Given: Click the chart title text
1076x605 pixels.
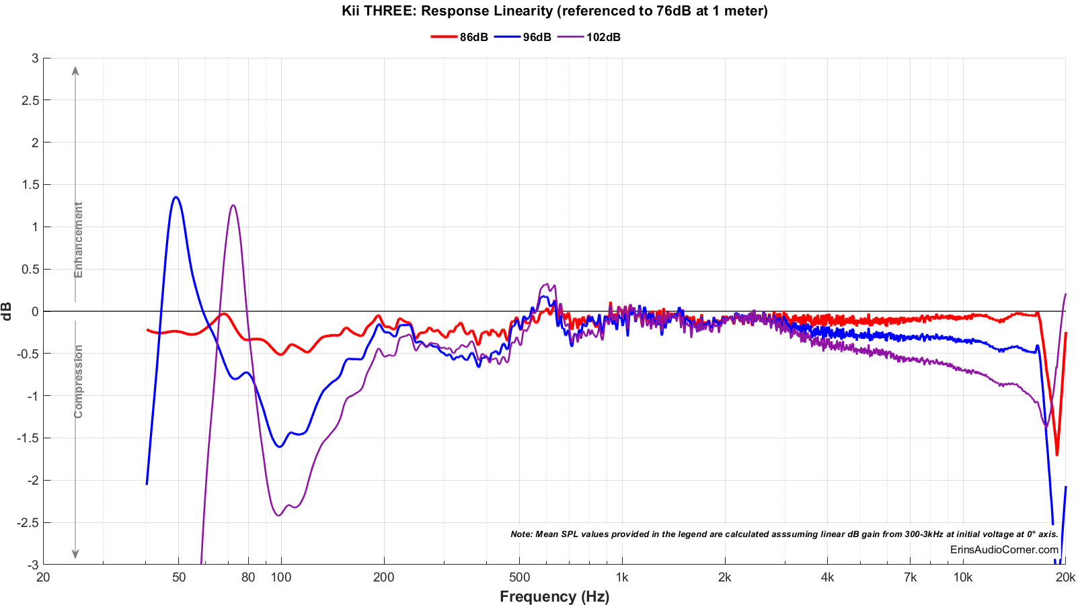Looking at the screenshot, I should pyautogui.click(x=554, y=11).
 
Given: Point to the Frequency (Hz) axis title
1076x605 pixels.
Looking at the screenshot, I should pyautogui.click(x=554, y=596).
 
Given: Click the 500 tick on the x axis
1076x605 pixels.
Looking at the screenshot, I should pyautogui.click(x=519, y=577).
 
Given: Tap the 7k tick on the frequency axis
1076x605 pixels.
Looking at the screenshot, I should pyautogui.click(x=910, y=577).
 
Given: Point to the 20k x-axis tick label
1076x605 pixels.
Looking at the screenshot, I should pyautogui.click(x=1065, y=577).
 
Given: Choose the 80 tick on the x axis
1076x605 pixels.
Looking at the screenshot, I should pyautogui.click(x=248, y=577).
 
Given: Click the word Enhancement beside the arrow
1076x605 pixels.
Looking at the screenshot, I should pyautogui.click(x=79, y=239).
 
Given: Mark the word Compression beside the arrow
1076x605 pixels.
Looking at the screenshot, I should pyautogui.click(x=79, y=381).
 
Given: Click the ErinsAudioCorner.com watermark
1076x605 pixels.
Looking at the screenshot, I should pyautogui.click(x=1004, y=549).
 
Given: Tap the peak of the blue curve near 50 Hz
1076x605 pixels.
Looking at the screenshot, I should pyautogui.click(x=176, y=197).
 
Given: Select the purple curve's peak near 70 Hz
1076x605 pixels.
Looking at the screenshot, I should pyautogui.click(x=233, y=206).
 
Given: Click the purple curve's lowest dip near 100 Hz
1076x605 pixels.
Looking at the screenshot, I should pyautogui.click(x=278, y=516).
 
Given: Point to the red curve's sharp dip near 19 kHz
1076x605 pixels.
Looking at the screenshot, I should pyautogui.click(x=1056, y=454).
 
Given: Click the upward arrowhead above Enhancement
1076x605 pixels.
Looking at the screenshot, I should pyautogui.click(x=75, y=71).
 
